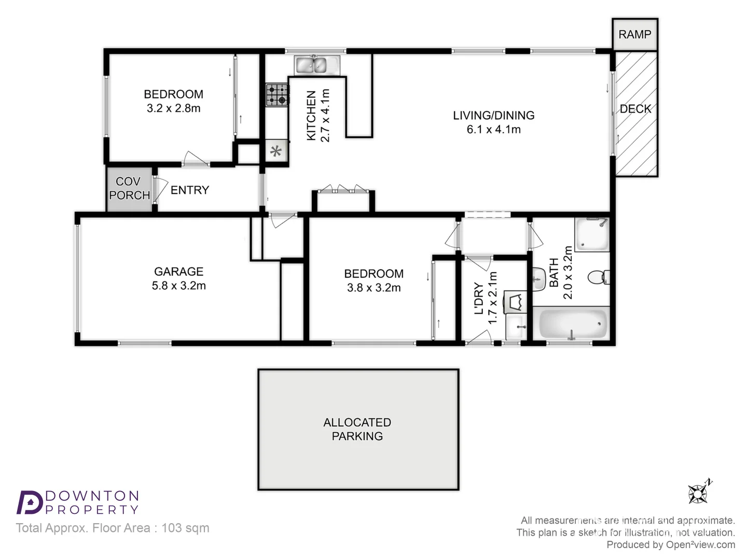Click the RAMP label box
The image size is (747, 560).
(635, 34)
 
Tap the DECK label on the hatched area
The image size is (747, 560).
(635, 109)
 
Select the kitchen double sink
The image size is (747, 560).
(316, 65)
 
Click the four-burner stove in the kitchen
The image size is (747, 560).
(277, 95)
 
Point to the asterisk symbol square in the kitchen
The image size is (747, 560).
(276, 151)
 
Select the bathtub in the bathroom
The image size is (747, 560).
(573, 324)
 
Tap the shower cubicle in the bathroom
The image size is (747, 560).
(592, 234)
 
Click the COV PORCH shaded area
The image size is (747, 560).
(129, 189)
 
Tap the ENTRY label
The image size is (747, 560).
(190, 190)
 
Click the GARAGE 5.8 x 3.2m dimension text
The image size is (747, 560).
(178, 286)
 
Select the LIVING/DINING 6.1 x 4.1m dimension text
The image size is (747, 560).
(493, 130)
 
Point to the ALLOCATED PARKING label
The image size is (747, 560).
(357, 429)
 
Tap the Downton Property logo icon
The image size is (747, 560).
(30, 502)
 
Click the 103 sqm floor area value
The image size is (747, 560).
(185, 528)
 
